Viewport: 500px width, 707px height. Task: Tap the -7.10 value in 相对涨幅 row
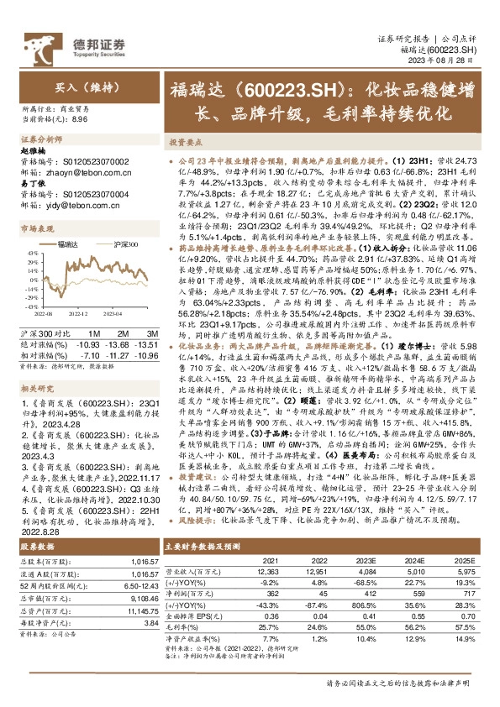tap(89, 343)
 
